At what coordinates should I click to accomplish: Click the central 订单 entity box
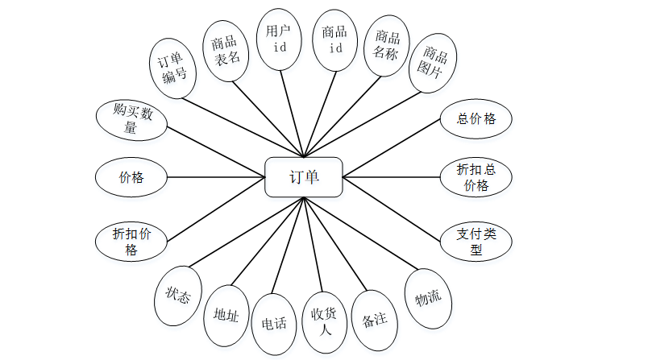304,176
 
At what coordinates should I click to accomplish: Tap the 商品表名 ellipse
225,49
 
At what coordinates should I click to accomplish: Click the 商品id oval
334,39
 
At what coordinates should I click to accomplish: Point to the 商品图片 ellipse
433,64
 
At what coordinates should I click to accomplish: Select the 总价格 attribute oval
476,119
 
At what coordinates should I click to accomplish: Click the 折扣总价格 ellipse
476,177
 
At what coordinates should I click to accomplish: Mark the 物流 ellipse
428,299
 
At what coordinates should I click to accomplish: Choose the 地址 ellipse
226,316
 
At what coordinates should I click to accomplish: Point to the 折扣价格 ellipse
131,242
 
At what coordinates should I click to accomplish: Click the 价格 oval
131,177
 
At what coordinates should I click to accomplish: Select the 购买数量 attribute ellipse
131,119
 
